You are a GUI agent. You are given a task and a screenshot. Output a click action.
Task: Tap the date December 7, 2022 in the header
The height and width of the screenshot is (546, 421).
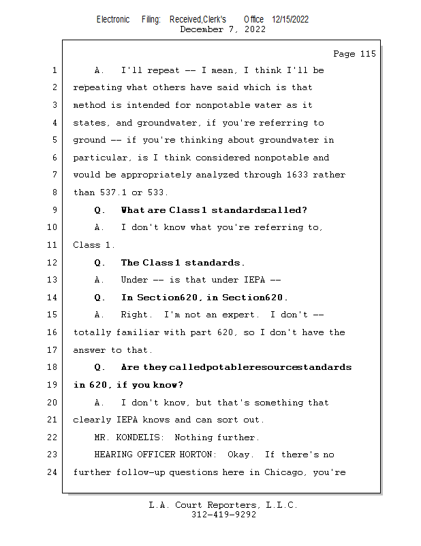223,29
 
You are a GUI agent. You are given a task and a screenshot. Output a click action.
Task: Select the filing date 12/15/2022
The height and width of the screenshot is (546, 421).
290,19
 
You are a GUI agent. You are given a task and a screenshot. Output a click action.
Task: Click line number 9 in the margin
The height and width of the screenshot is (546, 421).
54,210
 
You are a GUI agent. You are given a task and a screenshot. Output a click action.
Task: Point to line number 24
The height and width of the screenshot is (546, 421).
52,472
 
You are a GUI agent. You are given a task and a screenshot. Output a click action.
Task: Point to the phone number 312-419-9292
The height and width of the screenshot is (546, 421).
223,515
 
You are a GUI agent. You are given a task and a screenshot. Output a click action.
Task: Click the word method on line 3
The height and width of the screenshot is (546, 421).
89,105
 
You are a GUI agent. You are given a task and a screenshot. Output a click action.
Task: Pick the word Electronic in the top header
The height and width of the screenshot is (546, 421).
113,19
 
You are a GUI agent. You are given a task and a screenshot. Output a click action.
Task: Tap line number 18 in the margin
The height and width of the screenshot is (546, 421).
52,367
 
